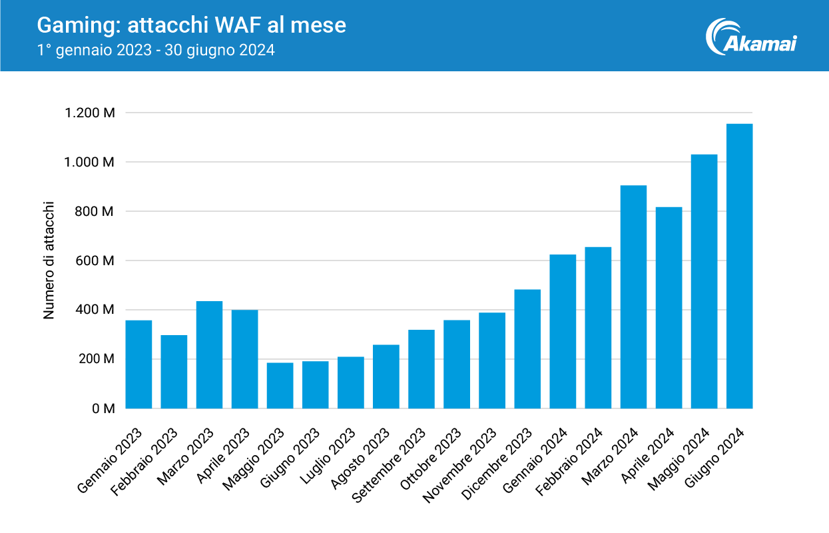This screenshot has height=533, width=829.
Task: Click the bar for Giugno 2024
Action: (739, 266)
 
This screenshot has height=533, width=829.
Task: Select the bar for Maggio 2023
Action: (280, 386)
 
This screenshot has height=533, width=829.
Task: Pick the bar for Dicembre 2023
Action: (527, 349)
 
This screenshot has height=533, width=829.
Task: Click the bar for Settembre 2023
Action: (421, 369)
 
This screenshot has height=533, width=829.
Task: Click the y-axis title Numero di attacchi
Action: (49, 261)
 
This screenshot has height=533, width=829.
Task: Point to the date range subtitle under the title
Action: (156, 50)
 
